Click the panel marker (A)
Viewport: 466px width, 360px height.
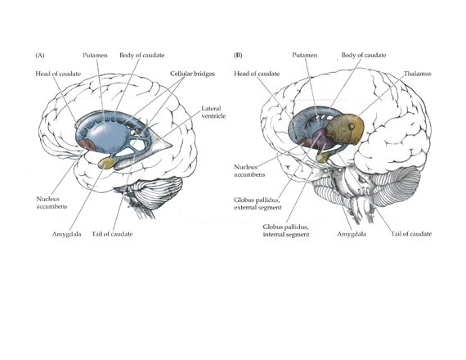point(40,56)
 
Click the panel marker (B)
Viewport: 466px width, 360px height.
point(238,56)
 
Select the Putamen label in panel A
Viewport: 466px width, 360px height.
point(95,56)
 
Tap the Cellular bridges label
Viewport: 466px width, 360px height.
point(192,74)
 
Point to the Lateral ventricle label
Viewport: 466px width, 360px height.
point(213,112)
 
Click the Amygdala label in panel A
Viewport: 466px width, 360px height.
point(66,234)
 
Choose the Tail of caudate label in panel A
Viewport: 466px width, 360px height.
point(112,234)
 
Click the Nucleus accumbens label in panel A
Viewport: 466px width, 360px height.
point(52,203)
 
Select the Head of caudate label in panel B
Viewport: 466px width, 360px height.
point(257,74)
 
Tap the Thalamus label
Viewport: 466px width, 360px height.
point(417,74)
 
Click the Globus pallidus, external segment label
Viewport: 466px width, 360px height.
point(258,204)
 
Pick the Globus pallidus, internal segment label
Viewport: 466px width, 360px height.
point(286,231)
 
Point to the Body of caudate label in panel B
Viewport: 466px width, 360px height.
point(364,56)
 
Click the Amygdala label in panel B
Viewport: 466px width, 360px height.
point(352,234)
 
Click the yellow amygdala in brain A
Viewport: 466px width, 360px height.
point(106,164)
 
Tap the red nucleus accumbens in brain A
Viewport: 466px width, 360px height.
point(86,144)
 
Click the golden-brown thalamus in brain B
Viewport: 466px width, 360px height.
point(346,128)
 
